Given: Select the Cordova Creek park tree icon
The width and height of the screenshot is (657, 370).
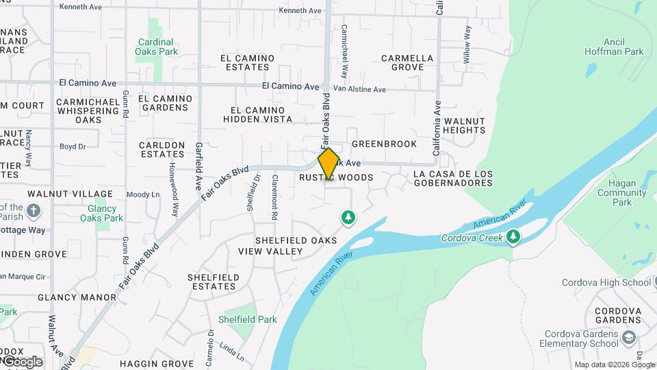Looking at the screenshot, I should pyautogui.click(x=513, y=237).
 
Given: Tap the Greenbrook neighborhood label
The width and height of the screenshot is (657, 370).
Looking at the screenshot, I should pyautogui.click(x=384, y=144).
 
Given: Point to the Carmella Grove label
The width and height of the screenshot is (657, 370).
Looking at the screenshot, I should pyautogui.click(x=407, y=62).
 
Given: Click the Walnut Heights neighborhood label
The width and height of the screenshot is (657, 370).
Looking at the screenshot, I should pyautogui.click(x=464, y=125).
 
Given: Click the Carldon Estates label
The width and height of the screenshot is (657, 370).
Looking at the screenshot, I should pyautogui.click(x=162, y=149).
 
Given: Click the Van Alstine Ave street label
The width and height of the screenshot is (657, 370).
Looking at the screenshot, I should pyautogui.click(x=359, y=90).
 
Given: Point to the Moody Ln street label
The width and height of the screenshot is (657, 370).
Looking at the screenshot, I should pyautogui.click(x=143, y=195).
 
